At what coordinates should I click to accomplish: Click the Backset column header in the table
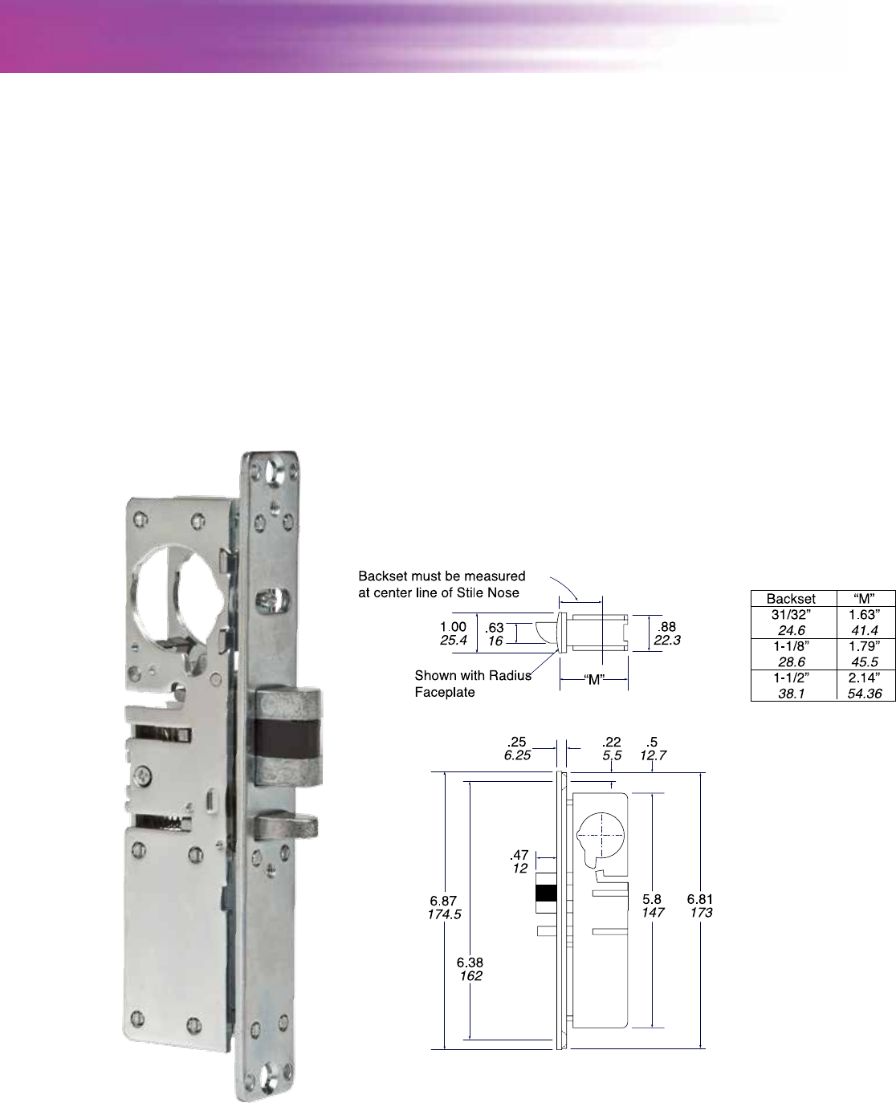click(x=790, y=599)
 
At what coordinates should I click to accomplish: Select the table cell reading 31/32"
click(x=791, y=615)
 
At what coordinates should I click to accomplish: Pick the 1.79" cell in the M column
click(x=864, y=646)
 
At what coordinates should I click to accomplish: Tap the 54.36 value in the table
click(x=865, y=694)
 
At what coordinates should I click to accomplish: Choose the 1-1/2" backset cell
click(x=791, y=678)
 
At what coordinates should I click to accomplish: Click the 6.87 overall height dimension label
click(x=443, y=901)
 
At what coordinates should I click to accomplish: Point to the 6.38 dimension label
click(x=470, y=963)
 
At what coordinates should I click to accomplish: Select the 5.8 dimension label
click(x=652, y=899)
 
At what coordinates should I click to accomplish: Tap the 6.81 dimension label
click(x=700, y=899)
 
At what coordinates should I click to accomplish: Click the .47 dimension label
click(x=519, y=855)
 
